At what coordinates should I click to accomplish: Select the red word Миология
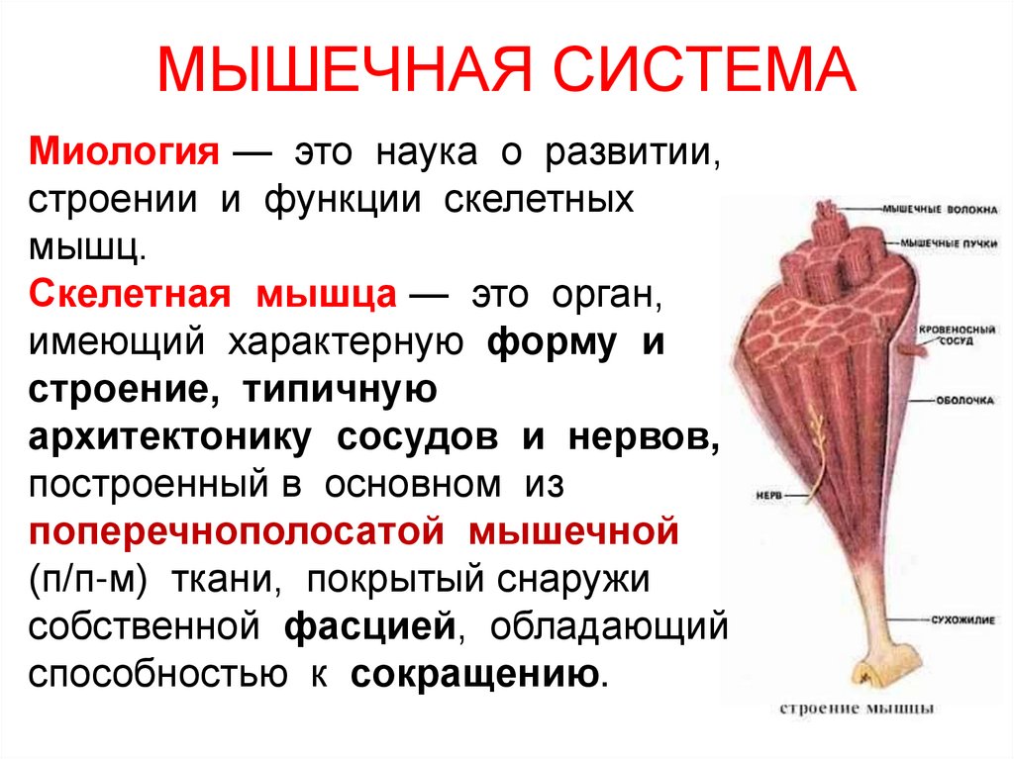coord(123,154)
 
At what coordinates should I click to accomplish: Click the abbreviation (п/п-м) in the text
coord(89,580)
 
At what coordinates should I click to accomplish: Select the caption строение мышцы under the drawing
coord(854,709)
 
